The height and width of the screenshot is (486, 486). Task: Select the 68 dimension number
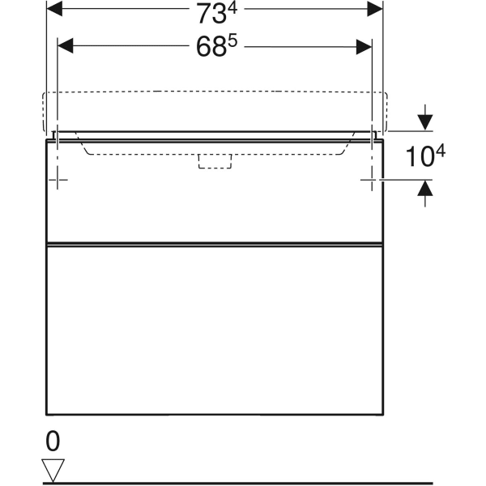[212, 47]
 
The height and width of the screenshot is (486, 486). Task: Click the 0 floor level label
[53, 441]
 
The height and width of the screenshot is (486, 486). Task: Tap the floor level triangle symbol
[53, 468]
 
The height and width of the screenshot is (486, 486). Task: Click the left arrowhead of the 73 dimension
[55, 9]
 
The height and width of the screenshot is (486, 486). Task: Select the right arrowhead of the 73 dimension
[375, 9]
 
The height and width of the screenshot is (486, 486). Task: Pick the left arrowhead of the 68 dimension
[66, 45]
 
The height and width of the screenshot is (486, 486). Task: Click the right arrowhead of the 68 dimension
[365, 45]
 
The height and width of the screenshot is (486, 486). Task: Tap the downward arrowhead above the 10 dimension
[424, 122]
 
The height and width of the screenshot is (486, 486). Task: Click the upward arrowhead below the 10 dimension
[424, 188]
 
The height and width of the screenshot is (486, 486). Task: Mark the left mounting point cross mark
[58, 179]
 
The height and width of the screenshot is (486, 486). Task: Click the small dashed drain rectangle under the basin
[215, 161]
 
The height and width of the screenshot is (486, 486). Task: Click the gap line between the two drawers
[215, 242]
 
